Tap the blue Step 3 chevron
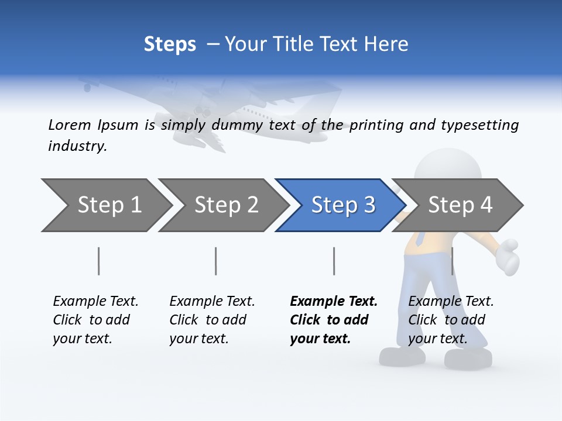342,205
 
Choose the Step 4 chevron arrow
460,205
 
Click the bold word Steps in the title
170,44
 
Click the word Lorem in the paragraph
70,125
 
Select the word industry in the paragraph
77,146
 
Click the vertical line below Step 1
99,261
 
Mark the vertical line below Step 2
216,261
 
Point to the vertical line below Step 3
334,261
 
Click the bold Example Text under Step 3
334,302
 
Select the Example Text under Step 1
95,302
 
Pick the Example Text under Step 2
212,302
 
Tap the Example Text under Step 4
451,302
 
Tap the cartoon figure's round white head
448,167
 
